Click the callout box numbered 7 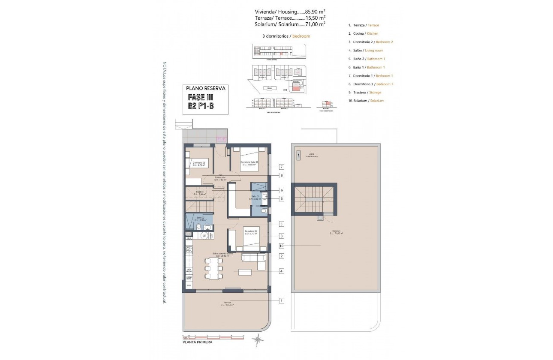click(x=282, y=167)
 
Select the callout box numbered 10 click(x=282, y=246)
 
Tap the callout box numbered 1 click(x=282, y=301)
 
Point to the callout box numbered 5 click(x=282, y=224)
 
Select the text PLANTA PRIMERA click(x=197, y=342)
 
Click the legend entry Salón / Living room click(x=368, y=50)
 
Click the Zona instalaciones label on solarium click(x=312, y=156)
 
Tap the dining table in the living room click(x=213, y=268)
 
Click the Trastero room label click(x=199, y=193)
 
